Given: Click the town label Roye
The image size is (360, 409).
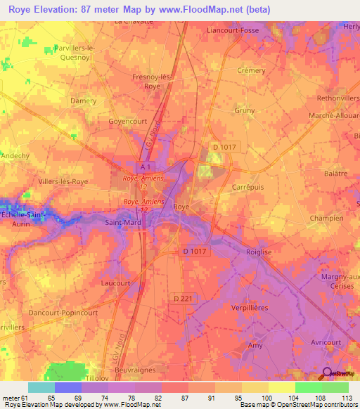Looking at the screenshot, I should click(x=181, y=207).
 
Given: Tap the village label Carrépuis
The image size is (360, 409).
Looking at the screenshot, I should click(x=246, y=188).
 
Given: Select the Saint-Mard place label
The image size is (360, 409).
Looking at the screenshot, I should click(x=126, y=223).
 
